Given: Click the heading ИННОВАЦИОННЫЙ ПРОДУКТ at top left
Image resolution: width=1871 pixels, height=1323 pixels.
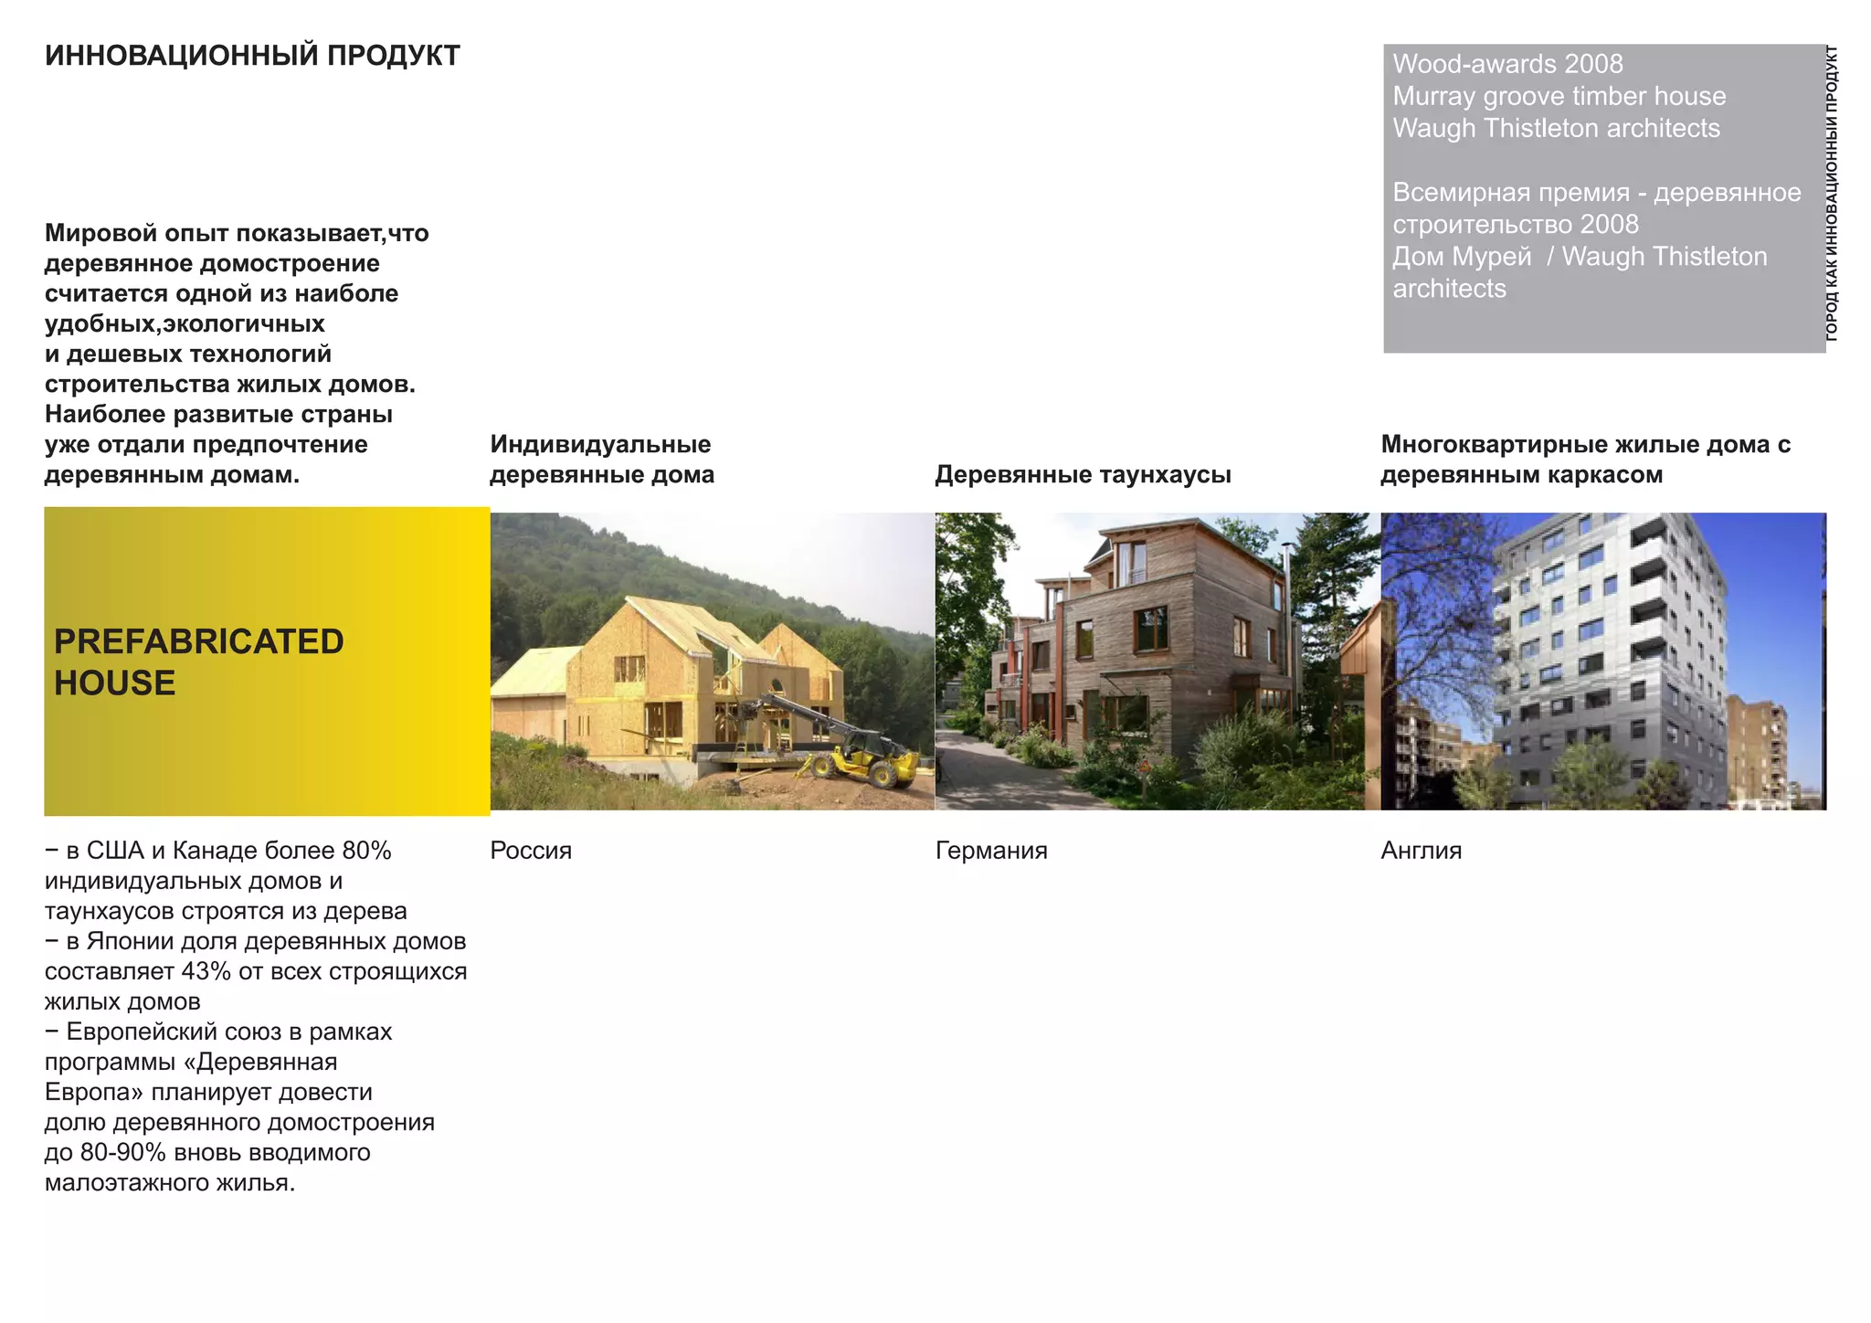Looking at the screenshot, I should click(x=252, y=56).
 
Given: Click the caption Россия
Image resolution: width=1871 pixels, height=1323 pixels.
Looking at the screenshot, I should click(x=530, y=851).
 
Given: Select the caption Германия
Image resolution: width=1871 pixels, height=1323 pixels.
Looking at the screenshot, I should click(x=991, y=851).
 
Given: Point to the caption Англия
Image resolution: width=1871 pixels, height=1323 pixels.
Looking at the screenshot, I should click(x=1421, y=851).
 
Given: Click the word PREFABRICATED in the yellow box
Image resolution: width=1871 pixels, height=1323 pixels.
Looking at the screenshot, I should click(x=198, y=641).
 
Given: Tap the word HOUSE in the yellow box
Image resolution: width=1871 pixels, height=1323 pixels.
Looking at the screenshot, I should click(x=114, y=683).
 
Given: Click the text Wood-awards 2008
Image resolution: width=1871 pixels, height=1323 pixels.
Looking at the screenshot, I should click(x=1507, y=64).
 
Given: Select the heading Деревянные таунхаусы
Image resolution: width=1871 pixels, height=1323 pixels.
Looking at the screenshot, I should click(x=1083, y=475).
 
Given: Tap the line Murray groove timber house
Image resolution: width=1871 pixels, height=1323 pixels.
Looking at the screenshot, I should click(x=1559, y=96).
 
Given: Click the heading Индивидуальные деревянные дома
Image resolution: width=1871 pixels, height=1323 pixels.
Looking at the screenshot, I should click(x=601, y=460).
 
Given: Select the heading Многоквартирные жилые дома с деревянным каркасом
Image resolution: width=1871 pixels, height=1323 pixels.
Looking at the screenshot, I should click(x=1585, y=460).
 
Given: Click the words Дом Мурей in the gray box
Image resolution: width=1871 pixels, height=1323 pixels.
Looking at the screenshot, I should click(x=1461, y=257).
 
